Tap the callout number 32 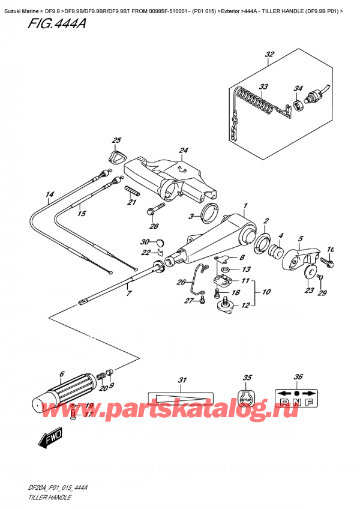[269, 55]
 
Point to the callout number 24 [184, 150]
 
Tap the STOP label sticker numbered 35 [246, 399]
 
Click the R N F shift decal [296, 400]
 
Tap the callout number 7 [127, 293]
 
